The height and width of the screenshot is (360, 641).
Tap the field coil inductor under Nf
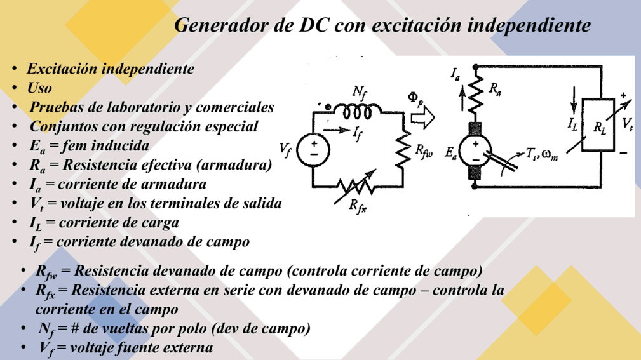357,111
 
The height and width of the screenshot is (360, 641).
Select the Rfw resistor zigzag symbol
403,149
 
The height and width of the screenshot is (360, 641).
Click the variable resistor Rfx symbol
356,187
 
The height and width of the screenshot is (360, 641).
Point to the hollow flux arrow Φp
422,117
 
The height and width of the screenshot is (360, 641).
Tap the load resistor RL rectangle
598,124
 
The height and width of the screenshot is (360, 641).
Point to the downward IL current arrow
574,100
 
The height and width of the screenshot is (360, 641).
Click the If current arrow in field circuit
337,130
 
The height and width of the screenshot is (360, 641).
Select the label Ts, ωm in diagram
542,154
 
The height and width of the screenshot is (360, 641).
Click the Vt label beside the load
628,123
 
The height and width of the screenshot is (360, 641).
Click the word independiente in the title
529,26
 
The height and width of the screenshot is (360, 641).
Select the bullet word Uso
39,88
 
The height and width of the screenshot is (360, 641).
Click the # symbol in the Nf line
74,328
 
